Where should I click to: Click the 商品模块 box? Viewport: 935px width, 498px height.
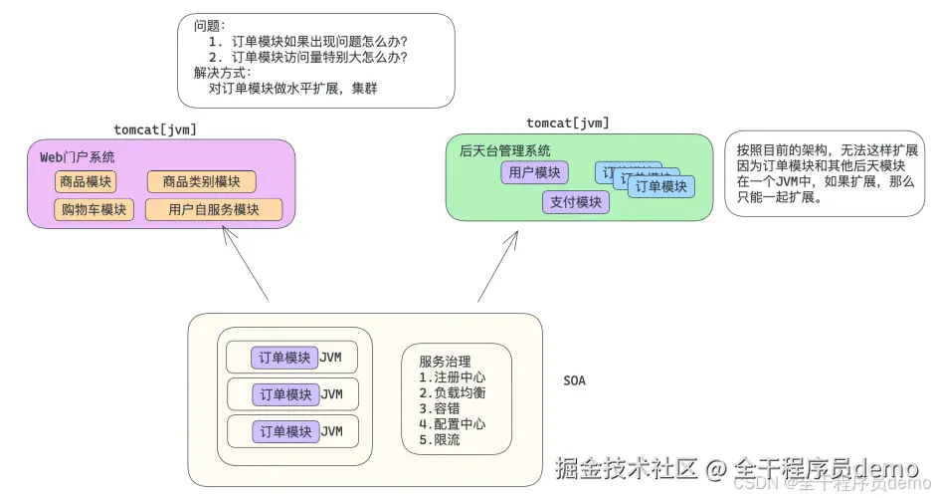(x=86, y=182)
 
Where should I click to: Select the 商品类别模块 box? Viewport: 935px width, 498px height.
(x=201, y=182)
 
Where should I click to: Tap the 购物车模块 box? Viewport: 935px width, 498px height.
(x=93, y=210)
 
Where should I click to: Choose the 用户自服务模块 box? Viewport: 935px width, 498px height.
(x=213, y=210)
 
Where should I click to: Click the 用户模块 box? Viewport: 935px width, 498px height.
(x=534, y=172)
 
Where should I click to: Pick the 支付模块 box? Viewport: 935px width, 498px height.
(x=575, y=202)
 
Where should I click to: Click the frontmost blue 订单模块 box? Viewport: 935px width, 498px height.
(x=661, y=186)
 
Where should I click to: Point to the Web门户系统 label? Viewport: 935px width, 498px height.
(x=77, y=156)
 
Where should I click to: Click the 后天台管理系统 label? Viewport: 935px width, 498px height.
(x=504, y=150)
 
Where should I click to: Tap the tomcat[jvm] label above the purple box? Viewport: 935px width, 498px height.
(x=154, y=129)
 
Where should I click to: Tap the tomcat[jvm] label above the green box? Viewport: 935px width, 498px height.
(x=567, y=124)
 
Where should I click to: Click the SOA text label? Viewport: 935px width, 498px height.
(x=574, y=380)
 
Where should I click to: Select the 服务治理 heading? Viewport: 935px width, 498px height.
(x=445, y=362)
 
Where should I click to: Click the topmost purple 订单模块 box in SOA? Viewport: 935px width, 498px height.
(x=284, y=358)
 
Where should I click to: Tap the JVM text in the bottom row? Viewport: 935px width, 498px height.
(x=331, y=431)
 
